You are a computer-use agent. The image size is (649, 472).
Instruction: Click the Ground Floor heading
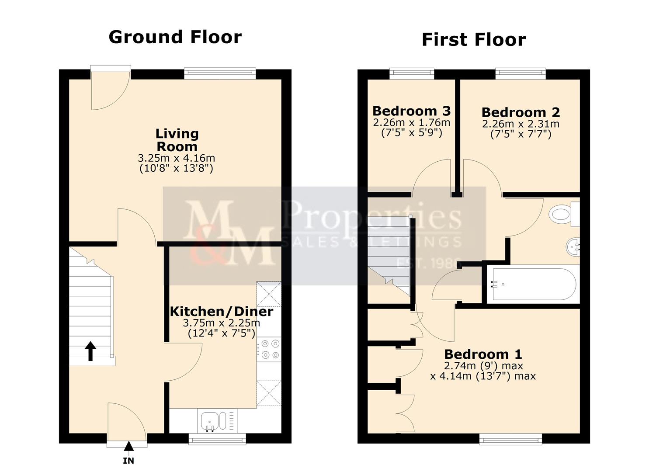(x=175, y=37)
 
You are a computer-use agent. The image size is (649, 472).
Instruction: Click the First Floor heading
(x=473, y=40)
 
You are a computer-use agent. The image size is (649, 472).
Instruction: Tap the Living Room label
(x=177, y=140)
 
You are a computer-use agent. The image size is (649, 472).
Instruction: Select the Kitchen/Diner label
(x=221, y=312)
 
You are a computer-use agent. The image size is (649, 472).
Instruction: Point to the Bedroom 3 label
(x=411, y=111)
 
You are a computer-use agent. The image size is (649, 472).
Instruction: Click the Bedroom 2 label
(x=521, y=113)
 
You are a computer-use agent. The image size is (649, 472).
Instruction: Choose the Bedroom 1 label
(x=483, y=354)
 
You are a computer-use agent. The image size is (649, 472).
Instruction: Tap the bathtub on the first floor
(x=531, y=284)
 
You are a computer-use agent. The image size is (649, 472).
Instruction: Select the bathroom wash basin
(x=573, y=247)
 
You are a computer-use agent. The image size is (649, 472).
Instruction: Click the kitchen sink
(x=213, y=421)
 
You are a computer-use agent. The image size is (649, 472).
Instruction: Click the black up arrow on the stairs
(x=90, y=351)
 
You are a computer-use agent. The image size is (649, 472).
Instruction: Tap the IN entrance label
(x=128, y=461)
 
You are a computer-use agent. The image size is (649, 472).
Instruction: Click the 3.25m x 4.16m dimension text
(x=176, y=158)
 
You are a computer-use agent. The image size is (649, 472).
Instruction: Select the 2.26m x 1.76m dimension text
(x=411, y=123)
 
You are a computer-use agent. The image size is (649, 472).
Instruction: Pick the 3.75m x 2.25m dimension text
(x=221, y=323)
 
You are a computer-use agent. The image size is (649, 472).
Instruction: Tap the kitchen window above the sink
(x=217, y=438)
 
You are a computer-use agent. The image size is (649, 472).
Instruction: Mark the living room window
(x=220, y=73)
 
